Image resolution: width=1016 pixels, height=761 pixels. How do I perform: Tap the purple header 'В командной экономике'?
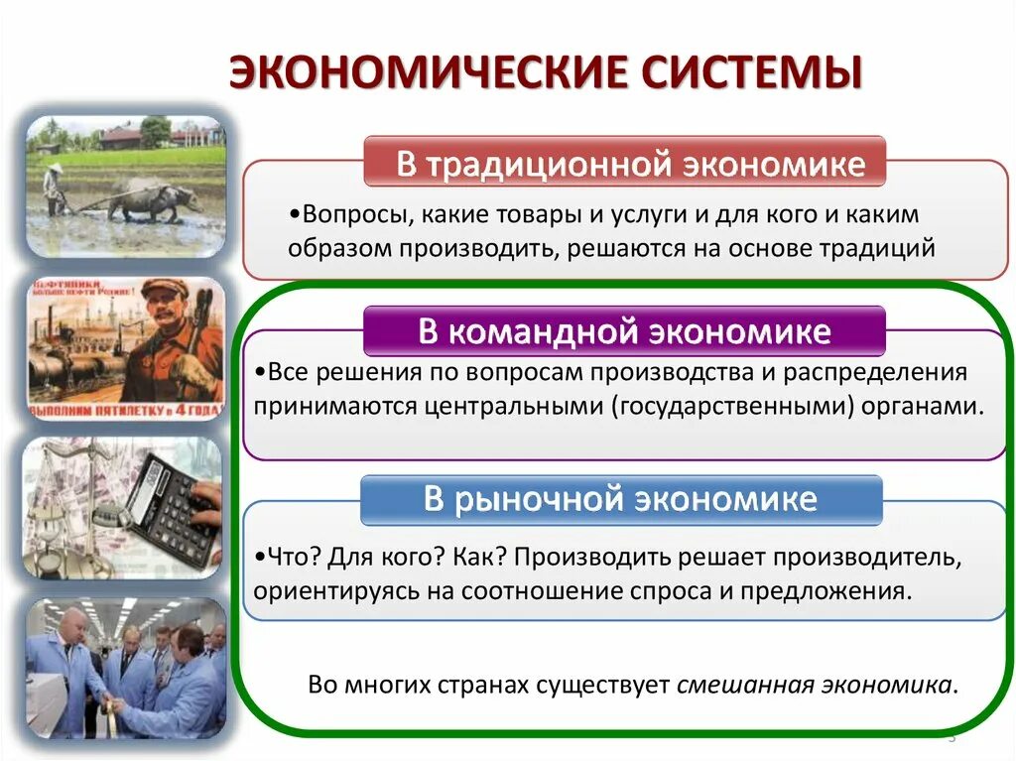click(x=624, y=331)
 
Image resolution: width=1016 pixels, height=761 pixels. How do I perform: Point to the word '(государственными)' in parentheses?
click(x=754, y=407)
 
